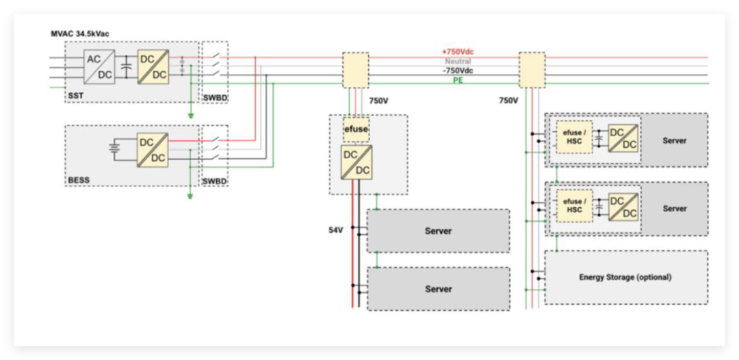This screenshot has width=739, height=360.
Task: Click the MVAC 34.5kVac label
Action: (x=80, y=34)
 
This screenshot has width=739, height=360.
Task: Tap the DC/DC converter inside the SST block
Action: (x=151, y=66)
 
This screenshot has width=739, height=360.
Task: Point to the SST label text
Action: (x=75, y=96)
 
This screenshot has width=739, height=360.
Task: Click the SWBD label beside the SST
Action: (x=215, y=97)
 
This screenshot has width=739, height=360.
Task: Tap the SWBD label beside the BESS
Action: (x=215, y=181)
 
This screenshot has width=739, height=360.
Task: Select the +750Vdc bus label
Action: (x=458, y=52)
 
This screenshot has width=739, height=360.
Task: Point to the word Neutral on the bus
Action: (x=458, y=62)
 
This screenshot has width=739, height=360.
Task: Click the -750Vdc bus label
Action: (x=458, y=70)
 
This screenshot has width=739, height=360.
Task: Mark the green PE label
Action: (x=458, y=80)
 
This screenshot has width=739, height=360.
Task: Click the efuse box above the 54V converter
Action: (x=356, y=128)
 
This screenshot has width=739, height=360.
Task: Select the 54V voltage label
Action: (x=336, y=231)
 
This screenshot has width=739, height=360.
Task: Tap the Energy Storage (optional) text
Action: (x=625, y=277)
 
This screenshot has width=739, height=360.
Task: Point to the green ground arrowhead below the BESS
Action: (x=190, y=196)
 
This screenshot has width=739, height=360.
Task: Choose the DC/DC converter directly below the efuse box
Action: (x=356, y=162)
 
